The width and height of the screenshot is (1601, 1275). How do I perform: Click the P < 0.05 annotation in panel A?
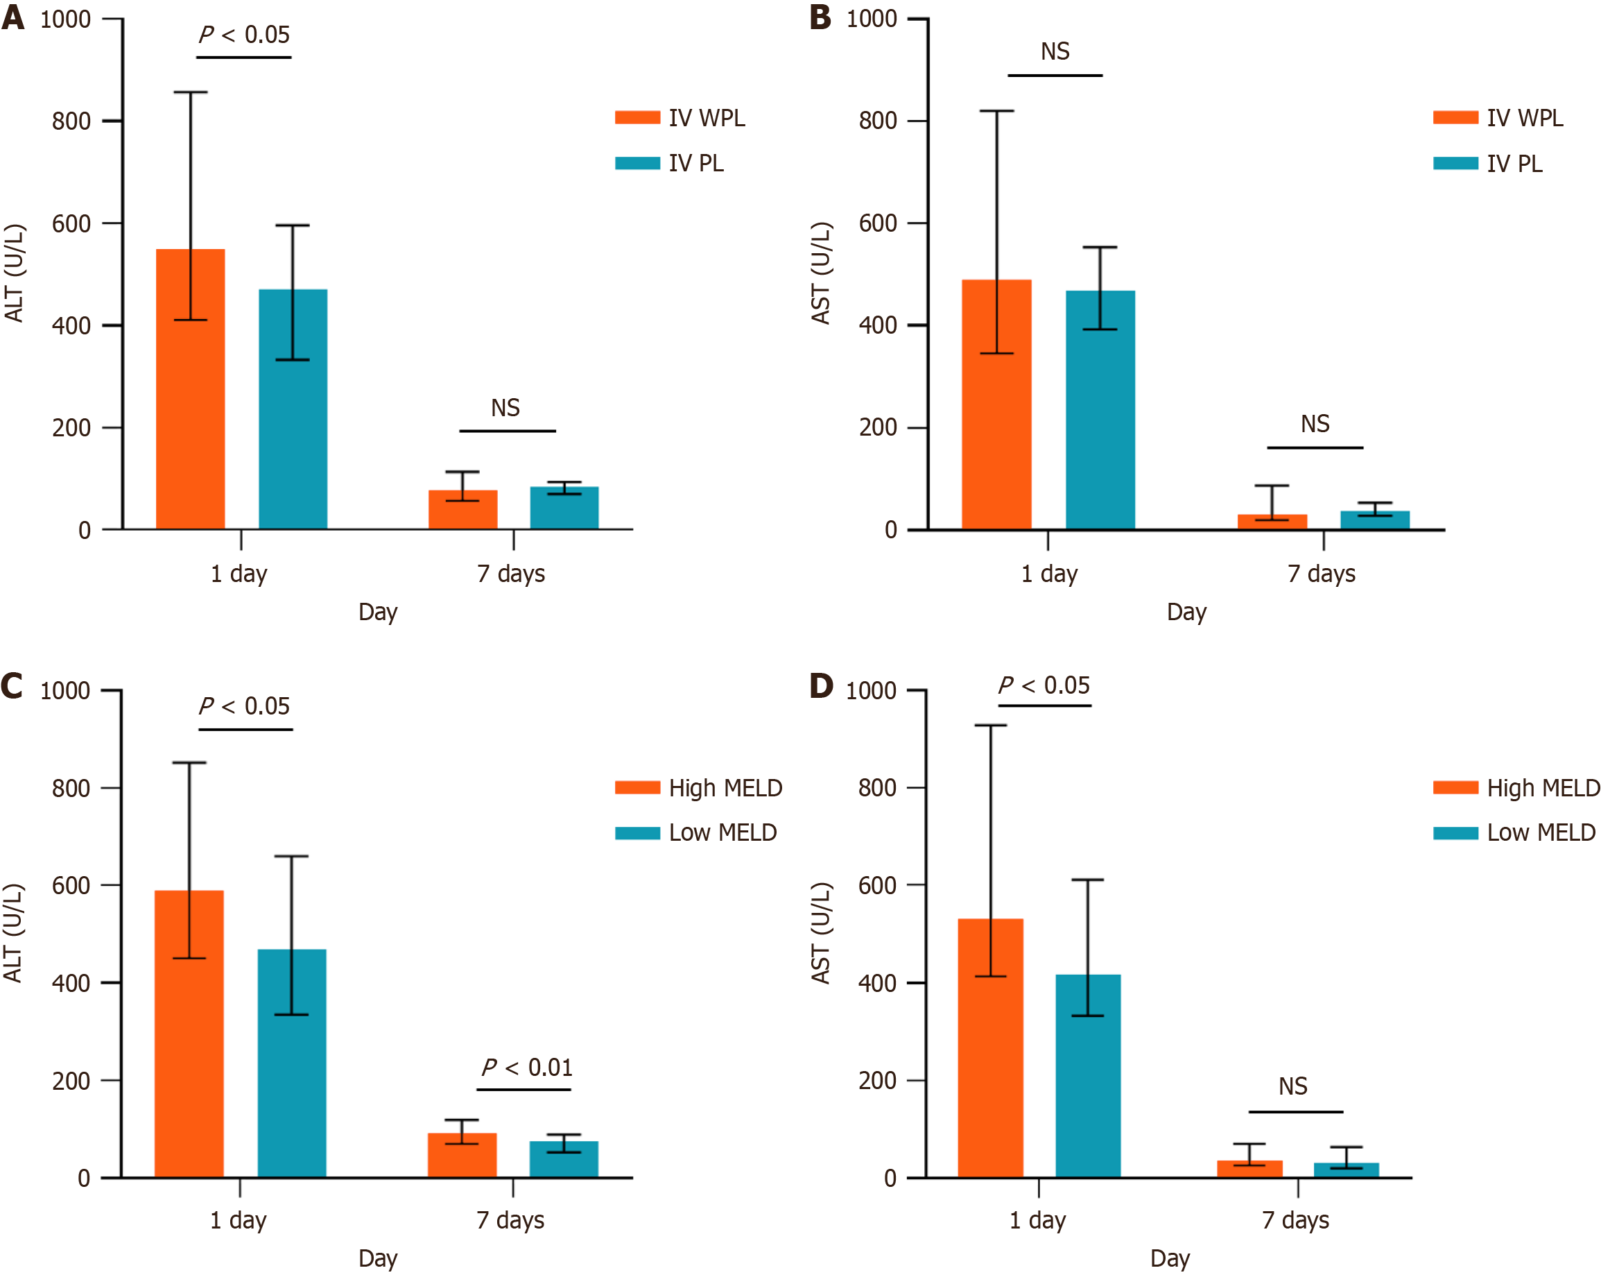pyautogui.click(x=244, y=35)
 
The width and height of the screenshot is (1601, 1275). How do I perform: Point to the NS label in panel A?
pyautogui.click(x=505, y=408)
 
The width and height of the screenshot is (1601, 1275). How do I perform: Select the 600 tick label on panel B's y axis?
pyautogui.click(x=878, y=223)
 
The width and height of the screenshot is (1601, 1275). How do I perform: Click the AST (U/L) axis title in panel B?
pyautogui.click(x=820, y=273)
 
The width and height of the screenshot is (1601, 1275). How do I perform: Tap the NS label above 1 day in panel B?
pyautogui.click(x=1055, y=52)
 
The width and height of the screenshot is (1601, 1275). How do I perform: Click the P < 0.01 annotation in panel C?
pyautogui.click(x=527, y=1068)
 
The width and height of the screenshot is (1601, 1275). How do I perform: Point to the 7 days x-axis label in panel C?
pyautogui.click(x=511, y=1220)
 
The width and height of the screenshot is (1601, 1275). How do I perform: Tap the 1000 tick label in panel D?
pyautogui.click(x=871, y=691)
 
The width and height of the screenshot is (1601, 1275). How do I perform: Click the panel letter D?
pyautogui.click(x=821, y=685)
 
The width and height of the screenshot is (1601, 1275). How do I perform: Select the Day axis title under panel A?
pyautogui.click(x=378, y=613)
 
